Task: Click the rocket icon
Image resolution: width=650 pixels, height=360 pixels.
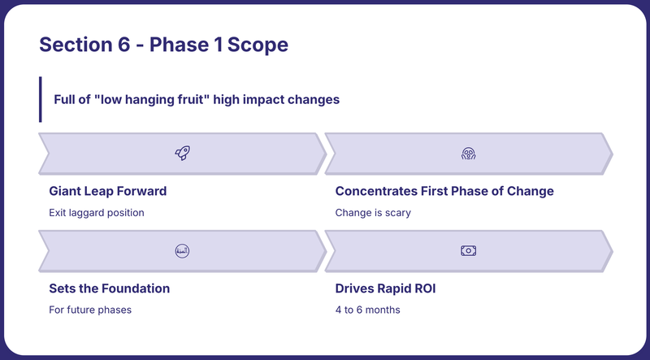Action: (x=182, y=153)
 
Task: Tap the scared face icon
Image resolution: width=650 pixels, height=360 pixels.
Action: (x=469, y=154)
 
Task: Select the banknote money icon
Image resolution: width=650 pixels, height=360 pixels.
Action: (x=469, y=251)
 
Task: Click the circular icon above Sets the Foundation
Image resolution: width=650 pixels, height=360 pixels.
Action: (x=182, y=251)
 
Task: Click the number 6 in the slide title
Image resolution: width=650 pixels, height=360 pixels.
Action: (x=123, y=45)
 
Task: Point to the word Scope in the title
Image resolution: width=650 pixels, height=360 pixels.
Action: (x=258, y=46)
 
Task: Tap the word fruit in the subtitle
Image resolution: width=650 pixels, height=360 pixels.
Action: (x=195, y=99)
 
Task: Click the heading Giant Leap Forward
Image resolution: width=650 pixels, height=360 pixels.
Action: (x=108, y=191)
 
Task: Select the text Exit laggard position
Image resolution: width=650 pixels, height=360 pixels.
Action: (x=97, y=213)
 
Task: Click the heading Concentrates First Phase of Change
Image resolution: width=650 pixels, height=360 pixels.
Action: (x=444, y=191)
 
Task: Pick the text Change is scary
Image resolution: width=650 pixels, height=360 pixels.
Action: (x=373, y=213)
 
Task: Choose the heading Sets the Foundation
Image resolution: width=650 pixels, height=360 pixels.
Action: (x=110, y=288)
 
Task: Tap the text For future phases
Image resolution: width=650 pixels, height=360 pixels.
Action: (x=90, y=310)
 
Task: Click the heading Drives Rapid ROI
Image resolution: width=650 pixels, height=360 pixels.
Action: (x=385, y=288)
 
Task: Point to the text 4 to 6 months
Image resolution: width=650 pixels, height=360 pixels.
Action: (x=368, y=310)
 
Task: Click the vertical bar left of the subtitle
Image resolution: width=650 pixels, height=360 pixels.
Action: (x=40, y=99)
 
